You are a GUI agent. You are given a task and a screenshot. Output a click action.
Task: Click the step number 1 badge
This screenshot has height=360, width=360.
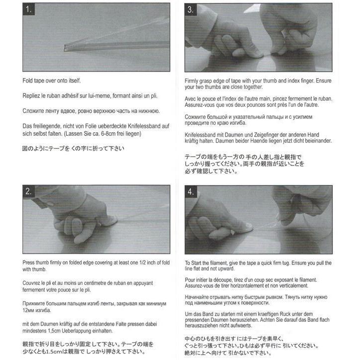[30, 10]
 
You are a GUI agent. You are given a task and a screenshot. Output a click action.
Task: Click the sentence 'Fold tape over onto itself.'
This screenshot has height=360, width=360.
[51, 80]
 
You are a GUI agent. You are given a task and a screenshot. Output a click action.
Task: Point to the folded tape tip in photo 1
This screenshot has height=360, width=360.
[66, 47]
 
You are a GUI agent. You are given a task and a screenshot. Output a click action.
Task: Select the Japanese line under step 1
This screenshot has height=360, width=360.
[73, 148]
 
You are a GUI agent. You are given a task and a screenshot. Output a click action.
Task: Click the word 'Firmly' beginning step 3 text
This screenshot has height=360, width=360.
[192, 81]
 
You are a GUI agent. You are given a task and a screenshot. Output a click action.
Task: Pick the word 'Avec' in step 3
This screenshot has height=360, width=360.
[191, 98]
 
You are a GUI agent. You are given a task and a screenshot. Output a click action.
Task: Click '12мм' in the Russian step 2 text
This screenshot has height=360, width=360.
[30, 310]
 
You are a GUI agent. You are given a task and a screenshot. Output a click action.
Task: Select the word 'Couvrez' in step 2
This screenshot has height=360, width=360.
[33, 283]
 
